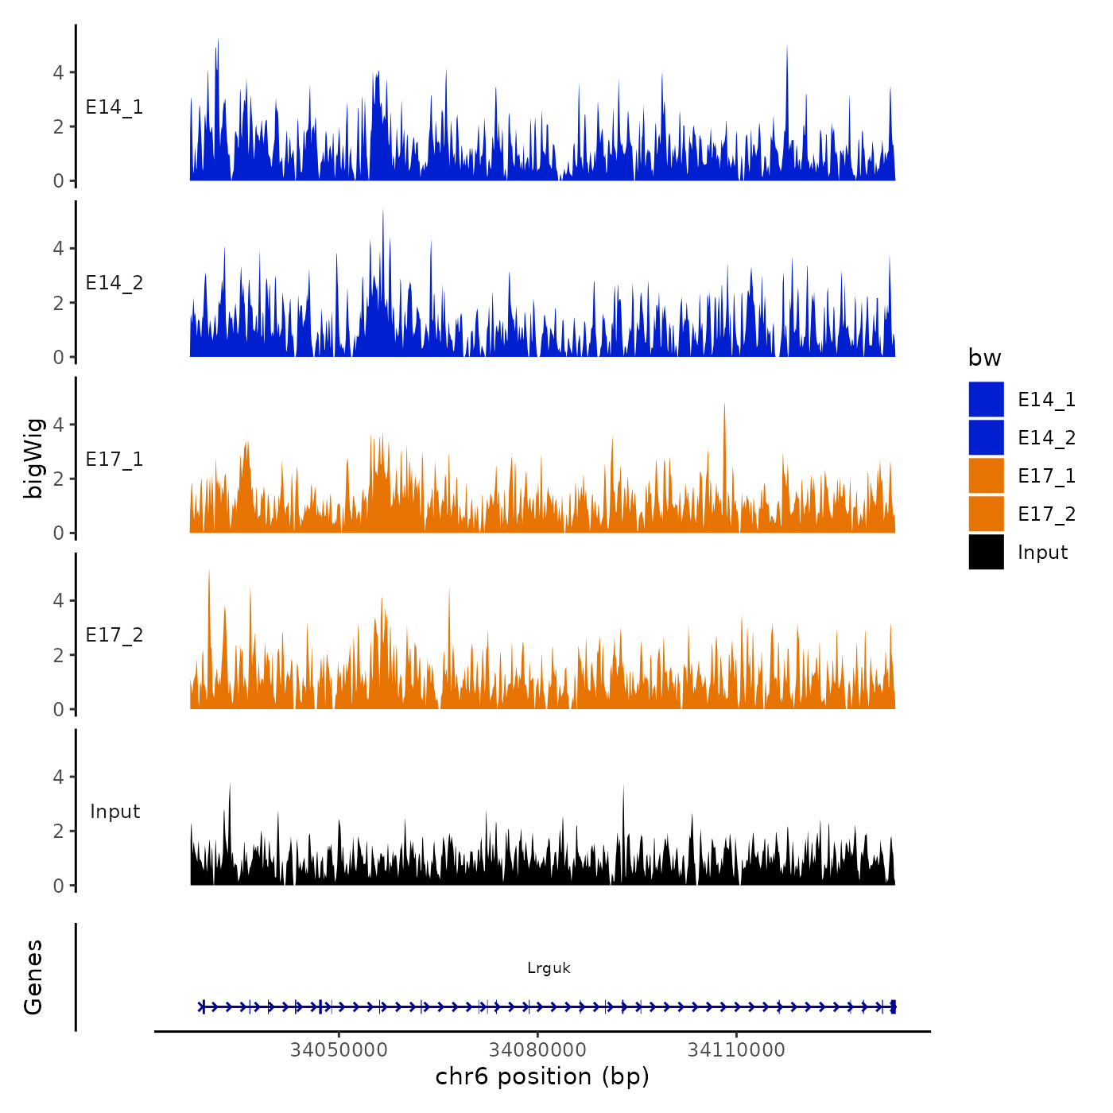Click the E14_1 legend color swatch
pyautogui.click(x=986, y=399)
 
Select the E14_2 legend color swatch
pyautogui.click(x=986, y=437)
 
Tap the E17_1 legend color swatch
pyautogui.click(x=986, y=475)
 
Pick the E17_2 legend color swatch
pyautogui.click(x=986, y=514)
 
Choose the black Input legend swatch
pyautogui.click(x=986, y=552)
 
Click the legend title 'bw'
pyautogui.click(x=984, y=359)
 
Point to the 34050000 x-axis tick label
pyautogui.click(x=339, y=1050)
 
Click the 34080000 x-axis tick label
pyautogui.click(x=537, y=1050)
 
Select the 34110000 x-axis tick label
pyautogui.click(x=736, y=1050)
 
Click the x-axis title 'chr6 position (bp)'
pyautogui.click(x=542, y=1077)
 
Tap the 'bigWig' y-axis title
pyautogui.click(x=33, y=458)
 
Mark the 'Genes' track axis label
pyautogui.click(x=33, y=977)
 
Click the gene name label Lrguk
pyautogui.click(x=549, y=968)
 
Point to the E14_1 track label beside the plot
pyautogui.click(x=114, y=107)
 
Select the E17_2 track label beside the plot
pyautogui.click(x=114, y=635)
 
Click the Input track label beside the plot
pyautogui.click(x=114, y=812)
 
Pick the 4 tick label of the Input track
pyautogui.click(x=58, y=777)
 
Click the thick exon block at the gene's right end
pyautogui.click(x=893, y=1006)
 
